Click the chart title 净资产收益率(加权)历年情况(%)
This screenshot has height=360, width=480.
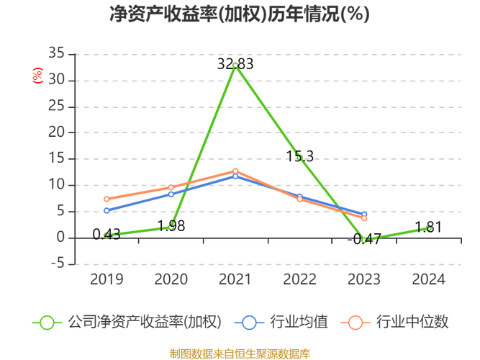tap(240, 14)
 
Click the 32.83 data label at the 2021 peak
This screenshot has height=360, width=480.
tap(235, 64)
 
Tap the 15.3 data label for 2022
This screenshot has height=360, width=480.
tap(299, 156)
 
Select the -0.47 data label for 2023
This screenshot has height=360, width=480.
tap(364, 240)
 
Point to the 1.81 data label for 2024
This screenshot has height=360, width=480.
tap(428, 228)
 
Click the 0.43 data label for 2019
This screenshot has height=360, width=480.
tap(107, 235)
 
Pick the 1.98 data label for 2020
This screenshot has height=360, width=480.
tap(171, 226)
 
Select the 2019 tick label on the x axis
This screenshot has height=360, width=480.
tap(107, 279)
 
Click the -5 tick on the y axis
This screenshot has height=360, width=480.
tap(58, 264)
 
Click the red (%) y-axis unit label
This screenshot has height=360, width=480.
tap(38, 75)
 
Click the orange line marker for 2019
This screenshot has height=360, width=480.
tap(107, 199)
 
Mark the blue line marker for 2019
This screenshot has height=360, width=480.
tap(107, 210)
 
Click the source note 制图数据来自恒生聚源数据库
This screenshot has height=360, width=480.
tap(240, 354)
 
